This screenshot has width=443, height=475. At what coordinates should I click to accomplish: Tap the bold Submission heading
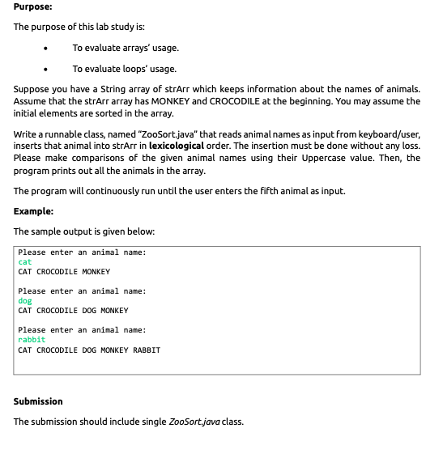pyautogui.click(x=38, y=401)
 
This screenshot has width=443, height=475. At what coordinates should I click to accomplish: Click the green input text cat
pyautogui.click(x=25, y=262)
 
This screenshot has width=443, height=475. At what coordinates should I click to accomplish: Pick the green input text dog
pyautogui.click(x=25, y=301)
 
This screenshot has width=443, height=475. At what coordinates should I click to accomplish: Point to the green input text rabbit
pyautogui.click(x=32, y=340)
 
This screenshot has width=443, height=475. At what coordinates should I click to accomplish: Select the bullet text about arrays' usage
pyautogui.click(x=126, y=49)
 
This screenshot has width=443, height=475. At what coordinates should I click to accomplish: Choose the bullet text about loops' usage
pyautogui.click(x=124, y=69)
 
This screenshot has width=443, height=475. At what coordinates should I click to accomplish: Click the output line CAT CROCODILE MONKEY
pyautogui.click(x=64, y=272)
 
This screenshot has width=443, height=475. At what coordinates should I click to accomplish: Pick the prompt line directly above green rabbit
pyautogui.click(x=82, y=330)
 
